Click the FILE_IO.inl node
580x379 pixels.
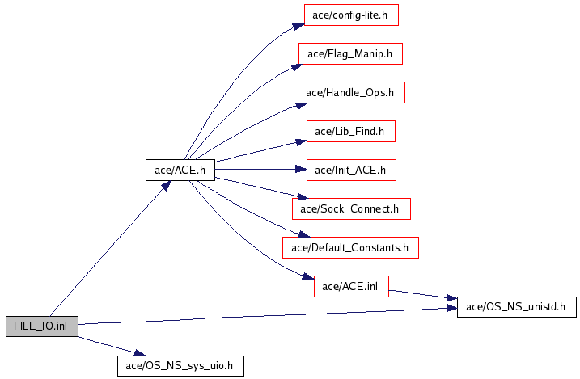click(41, 326)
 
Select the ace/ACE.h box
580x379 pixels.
click(180, 171)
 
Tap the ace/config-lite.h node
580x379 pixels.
click(351, 15)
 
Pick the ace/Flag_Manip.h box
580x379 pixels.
click(350, 54)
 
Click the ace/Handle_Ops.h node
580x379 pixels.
click(350, 92)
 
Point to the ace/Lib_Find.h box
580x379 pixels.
click(350, 131)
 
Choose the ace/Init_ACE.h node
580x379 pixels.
click(350, 171)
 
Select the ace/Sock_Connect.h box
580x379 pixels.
click(351, 209)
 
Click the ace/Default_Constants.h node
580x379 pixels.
click(350, 247)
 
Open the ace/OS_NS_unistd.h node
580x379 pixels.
click(517, 307)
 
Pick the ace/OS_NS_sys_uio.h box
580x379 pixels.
click(180, 365)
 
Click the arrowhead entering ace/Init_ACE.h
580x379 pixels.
click(302, 171)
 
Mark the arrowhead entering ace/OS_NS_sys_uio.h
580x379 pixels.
click(138, 353)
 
